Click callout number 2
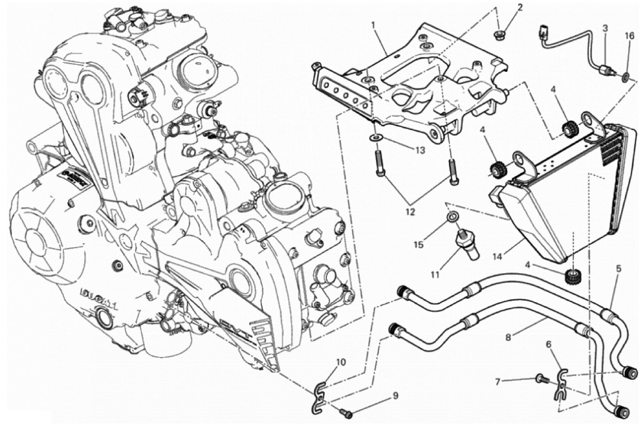pos(520,8)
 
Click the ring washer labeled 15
pos(451,217)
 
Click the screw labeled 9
pos(347,415)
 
